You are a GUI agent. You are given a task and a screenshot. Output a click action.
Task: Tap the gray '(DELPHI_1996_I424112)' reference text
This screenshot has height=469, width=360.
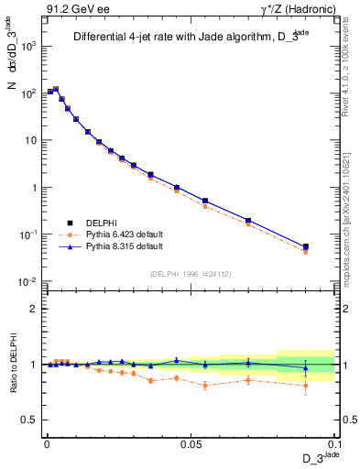190,272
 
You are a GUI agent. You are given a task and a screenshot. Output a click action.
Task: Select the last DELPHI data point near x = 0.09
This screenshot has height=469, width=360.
306,246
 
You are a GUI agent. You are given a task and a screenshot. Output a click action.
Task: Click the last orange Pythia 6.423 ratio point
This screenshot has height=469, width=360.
306,385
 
